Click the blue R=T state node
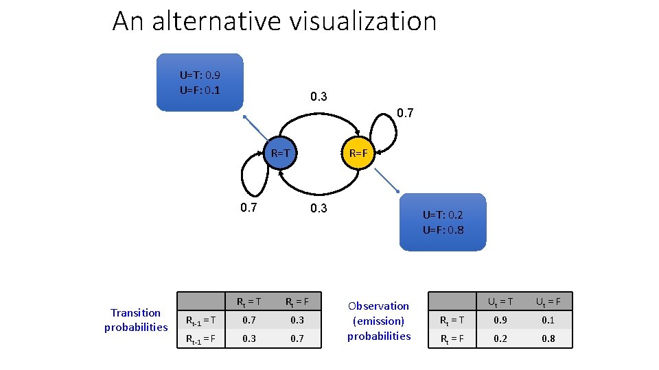point(281,152)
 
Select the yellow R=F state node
point(359,153)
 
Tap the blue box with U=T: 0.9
point(200,82)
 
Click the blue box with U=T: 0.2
point(443,222)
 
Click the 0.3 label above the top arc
point(319,97)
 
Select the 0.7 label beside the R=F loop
point(405,113)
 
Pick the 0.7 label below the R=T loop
point(250,208)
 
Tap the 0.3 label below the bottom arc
point(319,208)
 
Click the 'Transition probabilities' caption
point(136,320)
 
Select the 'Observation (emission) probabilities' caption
point(379,321)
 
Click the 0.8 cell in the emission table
point(547,338)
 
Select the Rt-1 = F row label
point(202,338)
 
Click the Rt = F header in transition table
point(297,301)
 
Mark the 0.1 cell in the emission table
point(547,320)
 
